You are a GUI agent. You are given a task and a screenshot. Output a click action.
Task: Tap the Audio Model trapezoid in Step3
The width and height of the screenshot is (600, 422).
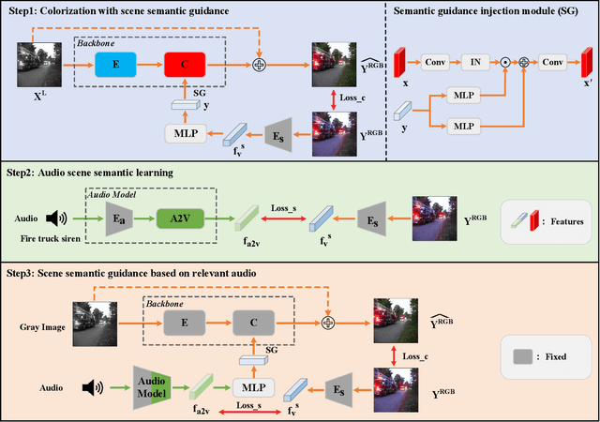point(149,385)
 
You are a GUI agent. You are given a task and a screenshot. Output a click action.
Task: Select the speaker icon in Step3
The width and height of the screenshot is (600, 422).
point(90,385)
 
